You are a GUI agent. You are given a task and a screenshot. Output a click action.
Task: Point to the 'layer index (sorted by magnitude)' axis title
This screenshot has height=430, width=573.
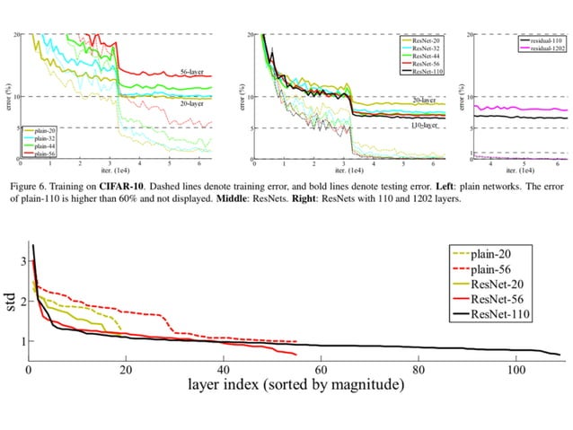[x=295, y=385]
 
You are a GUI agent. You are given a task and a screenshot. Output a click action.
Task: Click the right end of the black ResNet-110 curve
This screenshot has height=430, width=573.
[x=560, y=354]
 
